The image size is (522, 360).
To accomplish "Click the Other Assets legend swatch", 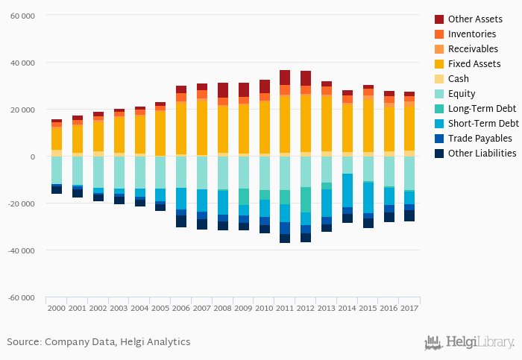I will (439, 19).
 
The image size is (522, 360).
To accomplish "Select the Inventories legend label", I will (473, 34).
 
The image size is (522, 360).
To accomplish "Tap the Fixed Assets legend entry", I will (474, 63).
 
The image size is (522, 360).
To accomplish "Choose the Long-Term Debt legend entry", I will (480, 108).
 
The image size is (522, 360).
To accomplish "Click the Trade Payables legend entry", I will (480, 138).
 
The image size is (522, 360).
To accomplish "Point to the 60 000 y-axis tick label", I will (22, 15).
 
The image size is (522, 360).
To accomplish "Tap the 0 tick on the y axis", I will (32, 157).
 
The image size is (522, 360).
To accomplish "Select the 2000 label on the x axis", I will (57, 306).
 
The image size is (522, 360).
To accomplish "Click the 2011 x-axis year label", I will (285, 306).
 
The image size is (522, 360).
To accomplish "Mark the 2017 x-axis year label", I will (409, 306).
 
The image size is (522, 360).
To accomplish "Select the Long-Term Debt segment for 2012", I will (306, 200).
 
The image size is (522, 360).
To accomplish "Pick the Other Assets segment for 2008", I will (223, 90).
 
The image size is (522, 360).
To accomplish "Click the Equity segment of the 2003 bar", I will (119, 172).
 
